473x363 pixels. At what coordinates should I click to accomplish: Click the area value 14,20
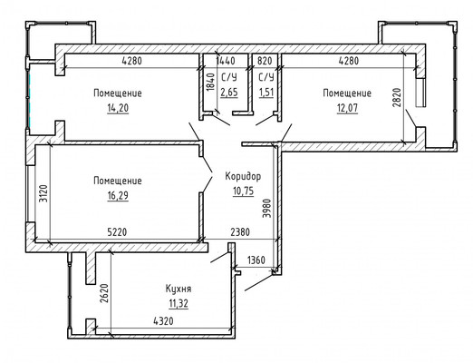click(x=118, y=108)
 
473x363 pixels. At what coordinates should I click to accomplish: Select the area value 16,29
click(x=118, y=196)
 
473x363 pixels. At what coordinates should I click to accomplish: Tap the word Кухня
click(x=179, y=289)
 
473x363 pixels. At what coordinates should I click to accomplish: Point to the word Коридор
click(x=243, y=176)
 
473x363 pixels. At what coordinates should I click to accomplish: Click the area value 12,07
click(x=347, y=108)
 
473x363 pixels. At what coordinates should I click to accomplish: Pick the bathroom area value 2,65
click(x=229, y=92)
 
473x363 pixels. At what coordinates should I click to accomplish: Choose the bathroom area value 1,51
click(x=266, y=92)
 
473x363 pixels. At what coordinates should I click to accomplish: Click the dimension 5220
click(x=117, y=232)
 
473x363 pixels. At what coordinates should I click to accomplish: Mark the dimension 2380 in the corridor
click(x=240, y=232)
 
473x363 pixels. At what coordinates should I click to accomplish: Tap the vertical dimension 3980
click(x=267, y=208)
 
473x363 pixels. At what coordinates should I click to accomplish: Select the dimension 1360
click(x=256, y=260)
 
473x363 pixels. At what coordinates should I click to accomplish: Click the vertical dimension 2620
click(x=104, y=293)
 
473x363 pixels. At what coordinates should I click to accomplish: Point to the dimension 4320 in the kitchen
click(x=163, y=321)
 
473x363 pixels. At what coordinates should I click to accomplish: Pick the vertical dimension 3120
click(x=43, y=193)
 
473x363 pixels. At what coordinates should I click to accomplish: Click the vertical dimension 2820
click(x=397, y=97)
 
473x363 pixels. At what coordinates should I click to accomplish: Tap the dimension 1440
click(x=226, y=61)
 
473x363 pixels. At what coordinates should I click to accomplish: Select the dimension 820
click(x=265, y=61)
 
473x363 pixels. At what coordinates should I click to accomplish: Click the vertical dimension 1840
click(x=211, y=82)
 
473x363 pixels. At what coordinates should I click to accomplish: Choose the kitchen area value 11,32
click(x=179, y=303)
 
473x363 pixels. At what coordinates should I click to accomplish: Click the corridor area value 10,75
click(x=243, y=191)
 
